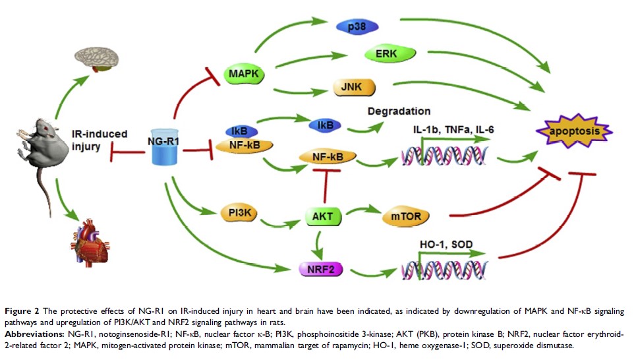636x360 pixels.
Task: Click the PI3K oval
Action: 239,214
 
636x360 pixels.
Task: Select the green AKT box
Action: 322,216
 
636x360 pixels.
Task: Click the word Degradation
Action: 399,111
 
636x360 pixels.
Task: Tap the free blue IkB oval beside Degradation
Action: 324,123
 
